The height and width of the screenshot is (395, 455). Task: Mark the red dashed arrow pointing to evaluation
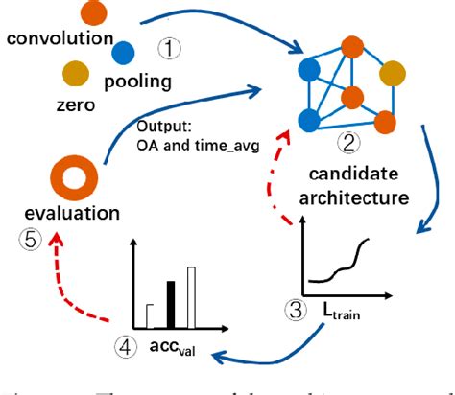92,290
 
